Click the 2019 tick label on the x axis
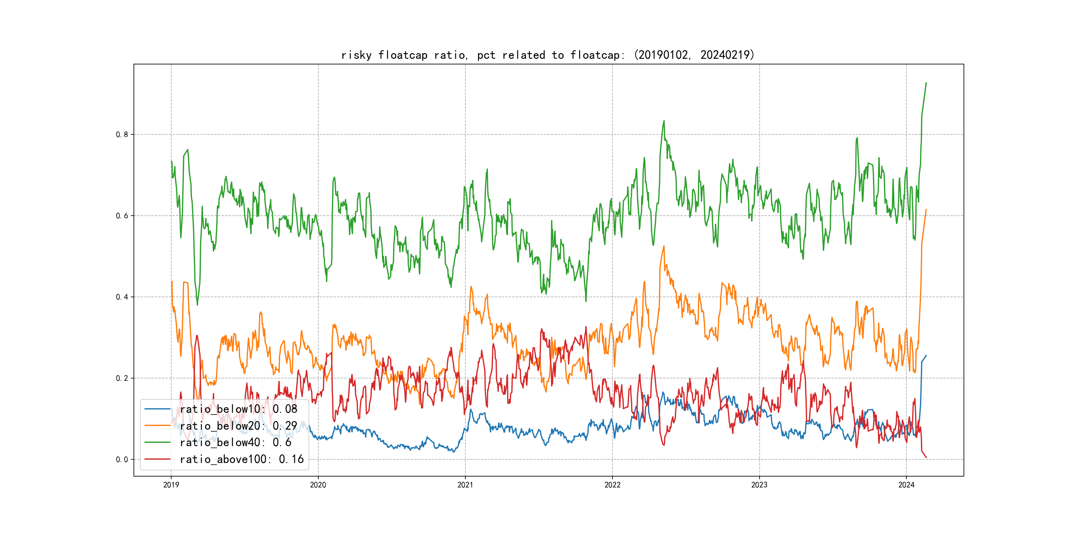pos(171,485)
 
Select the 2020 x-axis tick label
pos(318,485)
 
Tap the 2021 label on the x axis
pos(465,485)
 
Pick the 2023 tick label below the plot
pos(759,485)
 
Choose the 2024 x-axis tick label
pos(906,485)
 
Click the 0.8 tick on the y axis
pos(122,135)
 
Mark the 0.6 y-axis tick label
pos(122,216)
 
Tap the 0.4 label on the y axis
pos(122,297)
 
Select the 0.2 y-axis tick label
pos(122,378)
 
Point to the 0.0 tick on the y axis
pos(122,459)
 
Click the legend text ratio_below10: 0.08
pos(239,409)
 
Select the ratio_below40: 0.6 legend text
pos(235,443)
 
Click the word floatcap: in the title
pos(597,55)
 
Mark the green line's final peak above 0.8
pos(926,83)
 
